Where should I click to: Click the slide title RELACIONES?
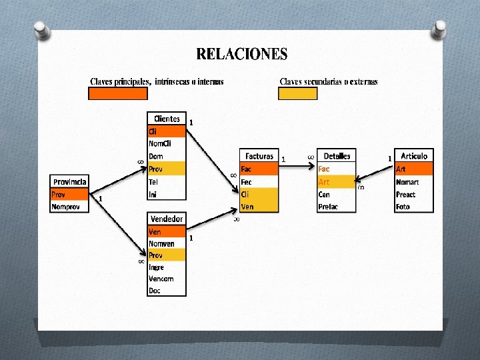pyautogui.click(x=242, y=54)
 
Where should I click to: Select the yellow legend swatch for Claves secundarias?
pyautogui.click(x=297, y=94)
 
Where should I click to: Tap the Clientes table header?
pyautogui.click(x=167, y=119)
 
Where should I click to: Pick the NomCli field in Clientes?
pyautogui.click(x=160, y=144)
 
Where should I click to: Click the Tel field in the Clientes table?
pyautogui.click(x=154, y=182)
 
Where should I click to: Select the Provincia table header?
pyautogui.click(x=69, y=181)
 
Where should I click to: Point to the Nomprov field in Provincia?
pyautogui.click(x=65, y=207)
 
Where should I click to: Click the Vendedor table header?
pyautogui.click(x=167, y=219)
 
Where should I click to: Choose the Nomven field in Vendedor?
pyautogui.click(x=161, y=244)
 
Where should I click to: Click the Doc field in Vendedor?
pyautogui.click(x=155, y=290)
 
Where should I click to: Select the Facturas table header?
pyautogui.click(x=259, y=156)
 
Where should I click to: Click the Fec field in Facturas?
pyautogui.click(x=247, y=182)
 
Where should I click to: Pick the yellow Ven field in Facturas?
pyautogui.click(x=248, y=207)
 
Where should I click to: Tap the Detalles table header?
pyautogui.click(x=337, y=156)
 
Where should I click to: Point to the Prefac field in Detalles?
pyautogui.click(x=328, y=207)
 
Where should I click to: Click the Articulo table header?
pyautogui.click(x=413, y=156)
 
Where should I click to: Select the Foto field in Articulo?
pyautogui.click(x=403, y=207)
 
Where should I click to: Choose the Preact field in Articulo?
pyautogui.click(x=405, y=195)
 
